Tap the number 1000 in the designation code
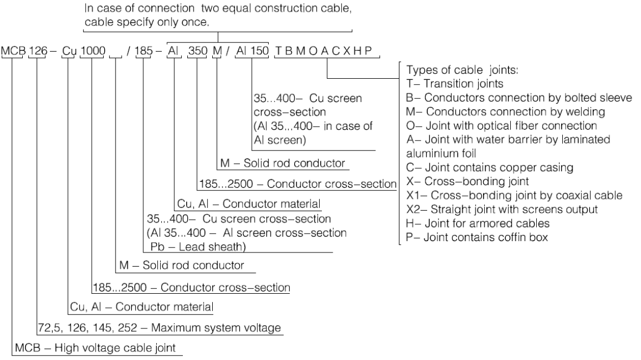point(92,51)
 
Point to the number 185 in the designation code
point(144,51)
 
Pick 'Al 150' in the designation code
point(252,51)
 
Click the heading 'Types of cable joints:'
point(450,72)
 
